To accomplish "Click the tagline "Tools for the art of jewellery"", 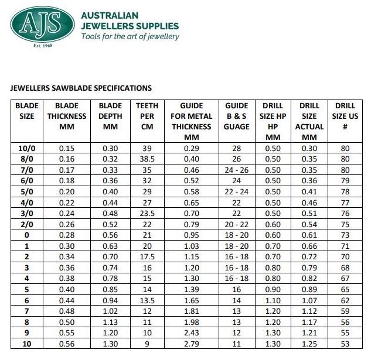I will coord(130,36).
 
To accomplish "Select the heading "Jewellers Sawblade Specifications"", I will coord(81,88).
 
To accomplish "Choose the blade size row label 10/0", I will coord(26,149).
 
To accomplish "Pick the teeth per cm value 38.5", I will coord(147,159).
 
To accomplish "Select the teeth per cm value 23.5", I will coord(147,214).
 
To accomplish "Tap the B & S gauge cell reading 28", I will coord(237,149).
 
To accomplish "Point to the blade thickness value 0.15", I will coord(66,149).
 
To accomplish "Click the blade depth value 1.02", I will coord(110,312).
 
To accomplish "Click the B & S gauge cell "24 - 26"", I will coord(237,170).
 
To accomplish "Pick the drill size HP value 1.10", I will coord(273,301).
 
